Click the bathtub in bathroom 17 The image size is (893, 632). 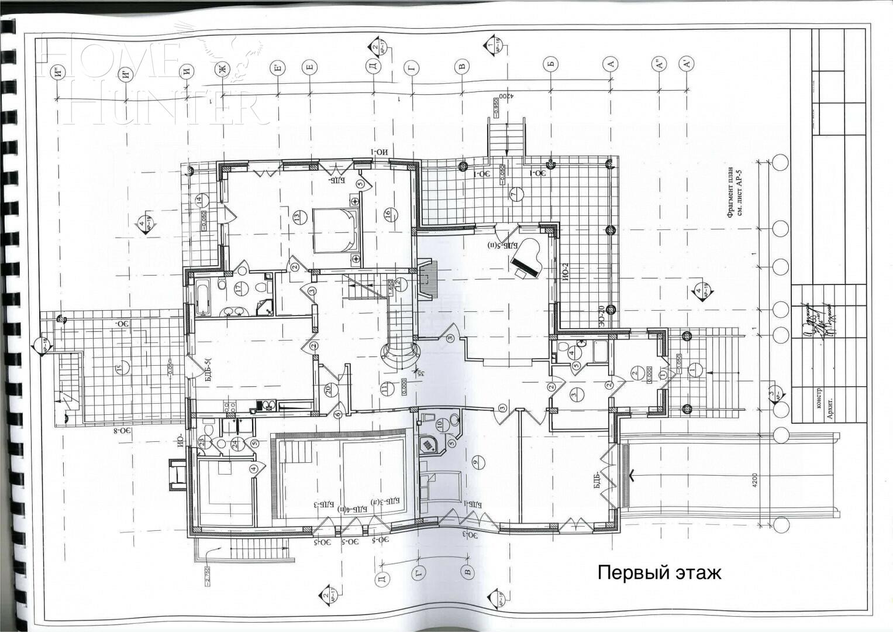(203, 297)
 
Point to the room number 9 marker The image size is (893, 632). (475, 462)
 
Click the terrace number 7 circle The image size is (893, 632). (514, 194)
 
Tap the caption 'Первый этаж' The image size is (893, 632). (659, 572)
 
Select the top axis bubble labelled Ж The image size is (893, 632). (222, 70)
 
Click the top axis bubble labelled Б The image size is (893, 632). (550, 64)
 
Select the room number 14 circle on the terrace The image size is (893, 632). (199, 200)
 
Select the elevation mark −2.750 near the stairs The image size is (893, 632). (207, 570)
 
